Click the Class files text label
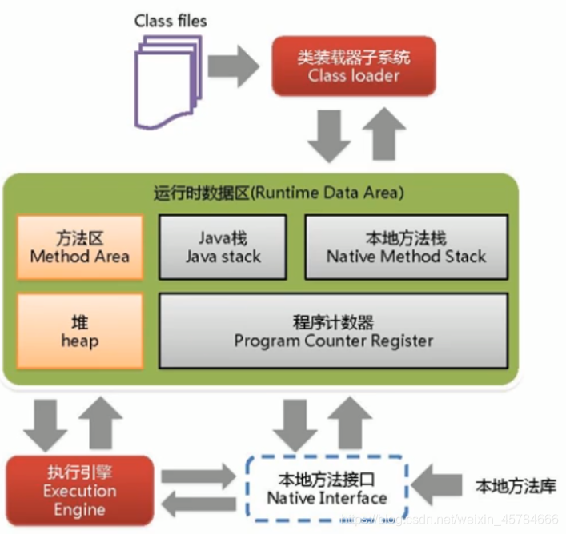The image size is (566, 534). [x=171, y=21]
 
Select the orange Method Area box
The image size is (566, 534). [x=80, y=247]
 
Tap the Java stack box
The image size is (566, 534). [x=223, y=247]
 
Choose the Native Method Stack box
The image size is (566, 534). [x=406, y=247]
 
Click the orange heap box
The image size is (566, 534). [x=80, y=331]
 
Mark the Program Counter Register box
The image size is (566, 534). [x=334, y=331]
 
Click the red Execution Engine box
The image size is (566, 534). [x=79, y=490]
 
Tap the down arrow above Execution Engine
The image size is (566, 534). [x=45, y=420]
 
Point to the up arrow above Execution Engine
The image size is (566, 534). [x=101, y=420]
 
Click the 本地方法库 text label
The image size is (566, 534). [x=516, y=486]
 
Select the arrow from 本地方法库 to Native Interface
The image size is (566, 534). [x=440, y=486]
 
